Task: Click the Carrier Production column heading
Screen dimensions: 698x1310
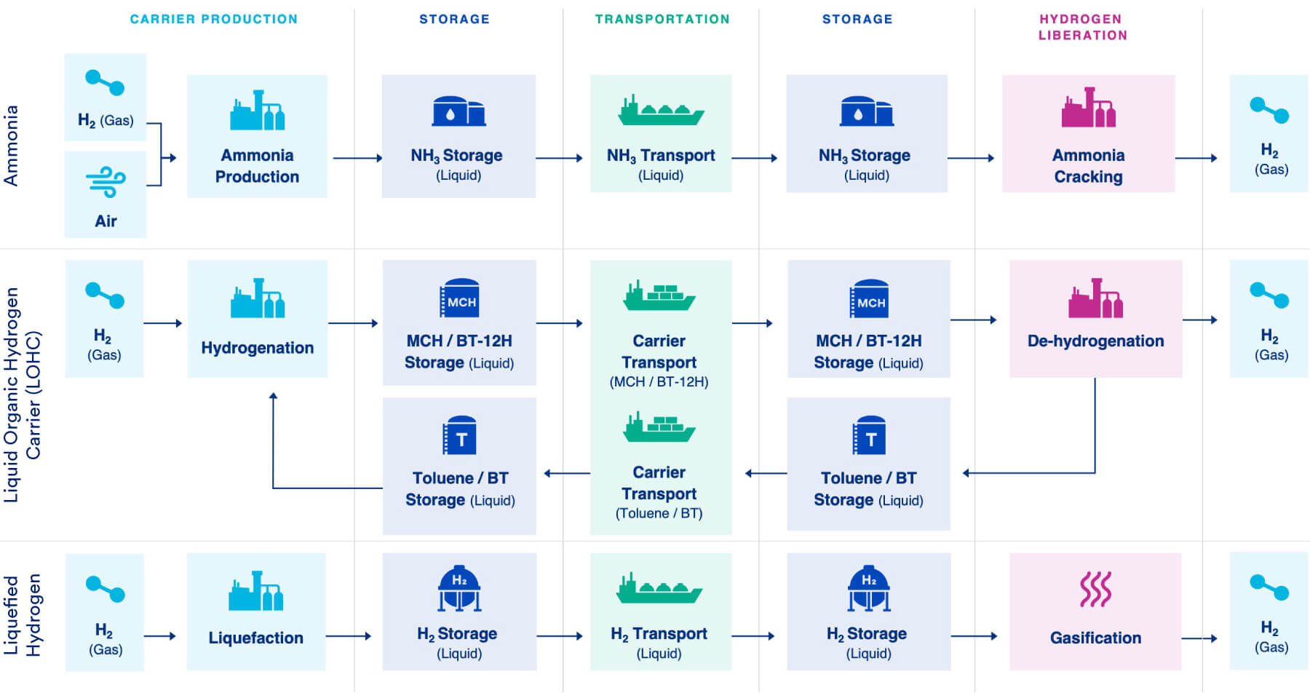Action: (213, 19)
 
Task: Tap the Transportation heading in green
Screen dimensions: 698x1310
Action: (662, 19)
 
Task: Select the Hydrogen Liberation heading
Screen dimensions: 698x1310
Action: (1081, 27)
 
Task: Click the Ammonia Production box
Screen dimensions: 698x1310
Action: (257, 136)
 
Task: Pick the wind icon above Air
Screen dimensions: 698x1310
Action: (106, 182)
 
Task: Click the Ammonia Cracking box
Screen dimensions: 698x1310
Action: (1088, 134)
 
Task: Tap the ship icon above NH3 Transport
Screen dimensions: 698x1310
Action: (661, 111)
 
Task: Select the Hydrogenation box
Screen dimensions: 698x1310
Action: (257, 319)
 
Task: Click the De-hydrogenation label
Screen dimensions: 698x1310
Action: (1095, 341)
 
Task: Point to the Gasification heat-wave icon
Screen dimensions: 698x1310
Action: (1095, 589)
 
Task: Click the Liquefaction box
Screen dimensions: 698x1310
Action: (255, 611)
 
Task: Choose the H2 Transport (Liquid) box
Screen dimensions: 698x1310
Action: (660, 611)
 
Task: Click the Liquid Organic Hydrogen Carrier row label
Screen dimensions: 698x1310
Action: (23, 394)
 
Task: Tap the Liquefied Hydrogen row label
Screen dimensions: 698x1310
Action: (23, 615)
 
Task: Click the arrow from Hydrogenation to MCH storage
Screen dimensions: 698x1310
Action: (354, 323)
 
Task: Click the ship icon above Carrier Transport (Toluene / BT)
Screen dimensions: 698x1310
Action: (659, 428)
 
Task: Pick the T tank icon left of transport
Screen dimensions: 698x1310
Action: (460, 436)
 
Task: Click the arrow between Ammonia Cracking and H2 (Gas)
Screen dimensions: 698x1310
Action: (1196, 158)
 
